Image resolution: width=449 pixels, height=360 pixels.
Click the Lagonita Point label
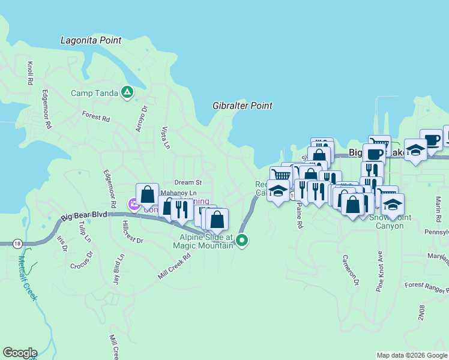91,41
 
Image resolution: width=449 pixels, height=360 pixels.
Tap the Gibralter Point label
243,106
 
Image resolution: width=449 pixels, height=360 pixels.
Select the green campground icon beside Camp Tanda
127,92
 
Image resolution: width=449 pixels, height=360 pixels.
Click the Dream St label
188,182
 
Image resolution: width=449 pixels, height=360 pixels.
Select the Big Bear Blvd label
84,218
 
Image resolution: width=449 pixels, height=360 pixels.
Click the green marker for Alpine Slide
242,241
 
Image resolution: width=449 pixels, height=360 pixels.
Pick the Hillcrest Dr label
132,232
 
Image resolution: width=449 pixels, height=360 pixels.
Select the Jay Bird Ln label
118,269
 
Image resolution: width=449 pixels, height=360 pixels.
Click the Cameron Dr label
351,270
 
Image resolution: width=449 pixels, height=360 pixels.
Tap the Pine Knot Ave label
379,271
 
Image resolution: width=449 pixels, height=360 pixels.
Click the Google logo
20,353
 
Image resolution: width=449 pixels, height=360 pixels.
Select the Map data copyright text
411,355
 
